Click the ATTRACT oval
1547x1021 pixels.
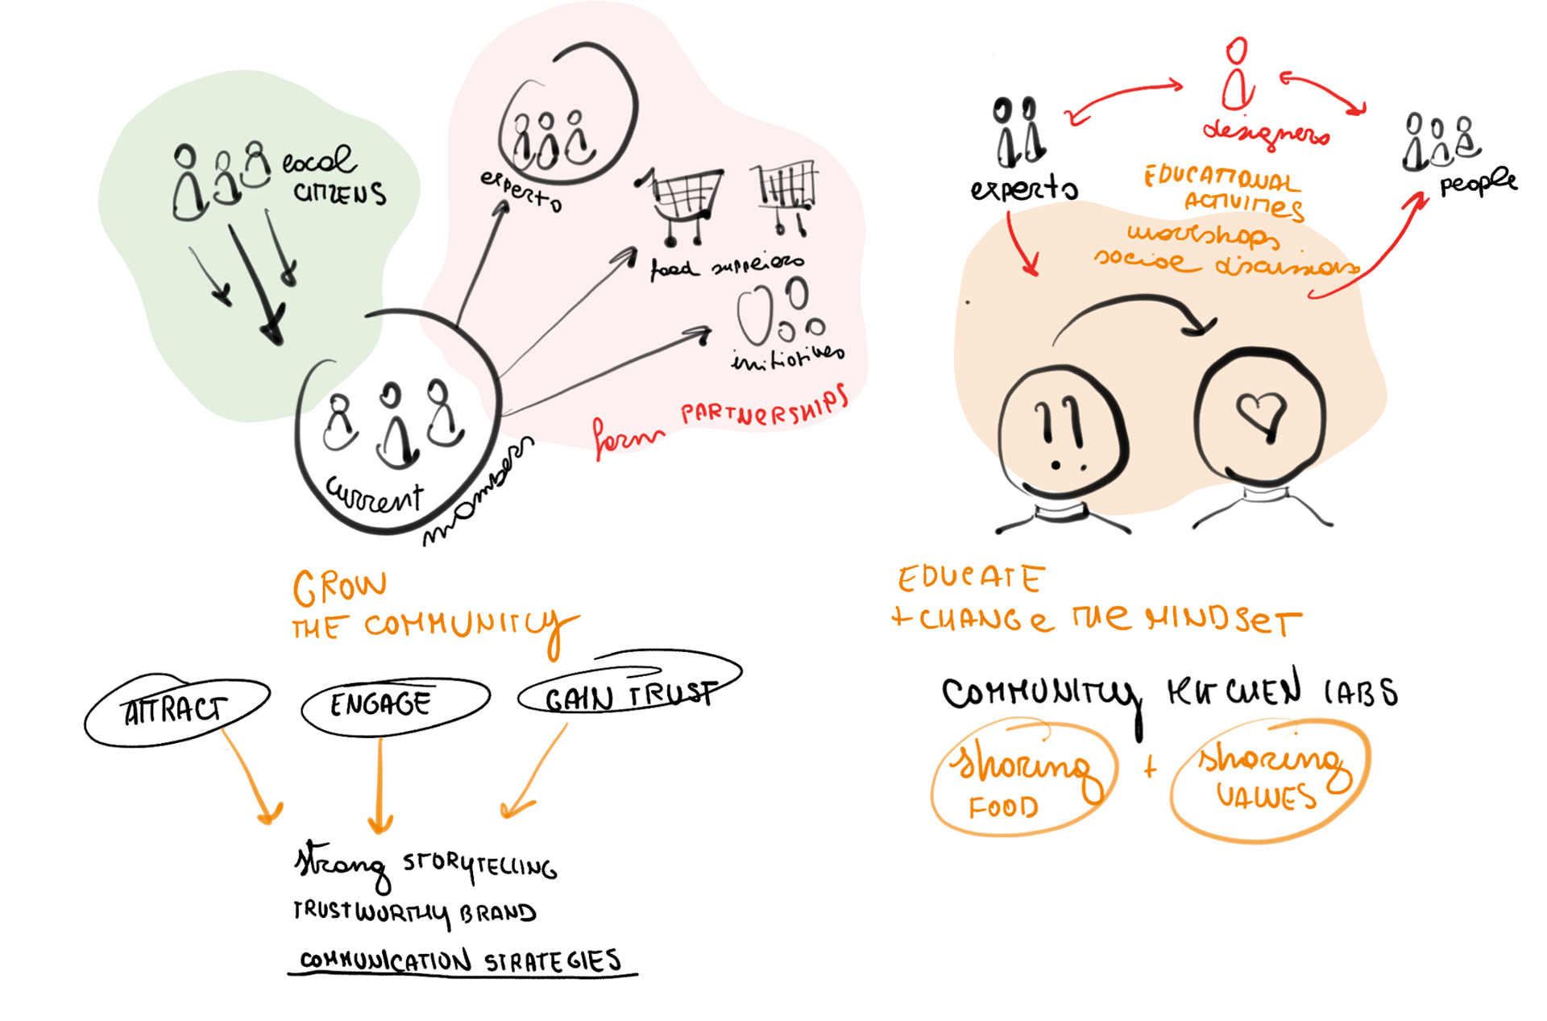tap(176, 710)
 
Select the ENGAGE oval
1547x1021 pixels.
tap(395, 705)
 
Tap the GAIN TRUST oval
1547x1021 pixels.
tap(628, 693)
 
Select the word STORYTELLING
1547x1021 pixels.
tap(479, 865)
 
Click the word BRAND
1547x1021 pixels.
tap(497, 913)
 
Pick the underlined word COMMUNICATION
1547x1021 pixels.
tap(385, 960)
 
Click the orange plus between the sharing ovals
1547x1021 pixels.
tap(1150, 767)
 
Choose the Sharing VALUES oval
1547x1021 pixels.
tap(1269, 779)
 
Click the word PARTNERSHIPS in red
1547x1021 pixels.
tap(763, 408)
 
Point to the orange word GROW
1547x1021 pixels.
tap(339, 587)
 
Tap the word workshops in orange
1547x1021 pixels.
tap(1202, 234)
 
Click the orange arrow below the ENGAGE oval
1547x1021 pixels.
tap(380, 786)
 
